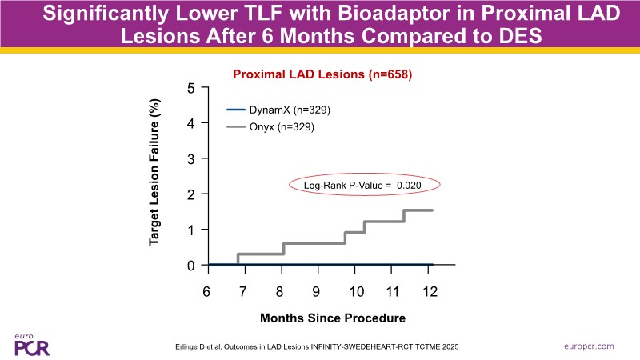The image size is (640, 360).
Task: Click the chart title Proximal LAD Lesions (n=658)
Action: pos(322,74)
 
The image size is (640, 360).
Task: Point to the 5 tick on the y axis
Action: pos(191,88)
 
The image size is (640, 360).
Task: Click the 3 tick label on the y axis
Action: pos(191,158)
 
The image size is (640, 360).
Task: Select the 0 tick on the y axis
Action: pos(191,265)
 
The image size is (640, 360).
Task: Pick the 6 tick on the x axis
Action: pos(206,291)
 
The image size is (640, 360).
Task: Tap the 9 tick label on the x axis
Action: pos(317,291)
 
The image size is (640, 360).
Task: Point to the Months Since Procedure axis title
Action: pos(333,318)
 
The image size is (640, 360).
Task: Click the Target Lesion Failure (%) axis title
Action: pos(157,177)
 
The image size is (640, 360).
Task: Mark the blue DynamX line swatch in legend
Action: pos(237,110)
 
